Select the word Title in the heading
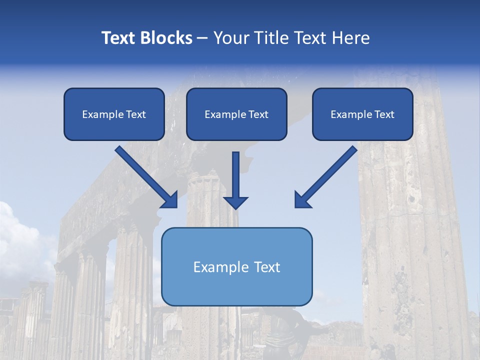click(273, 38)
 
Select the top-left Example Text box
click(114, 114)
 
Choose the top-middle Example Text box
click(236, 114)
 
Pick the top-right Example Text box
click(362, 114)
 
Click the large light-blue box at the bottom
click(236, 266)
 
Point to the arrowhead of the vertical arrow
click(235, 202)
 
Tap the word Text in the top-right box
click(384, 114)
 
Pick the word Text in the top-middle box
click(258, 114)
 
